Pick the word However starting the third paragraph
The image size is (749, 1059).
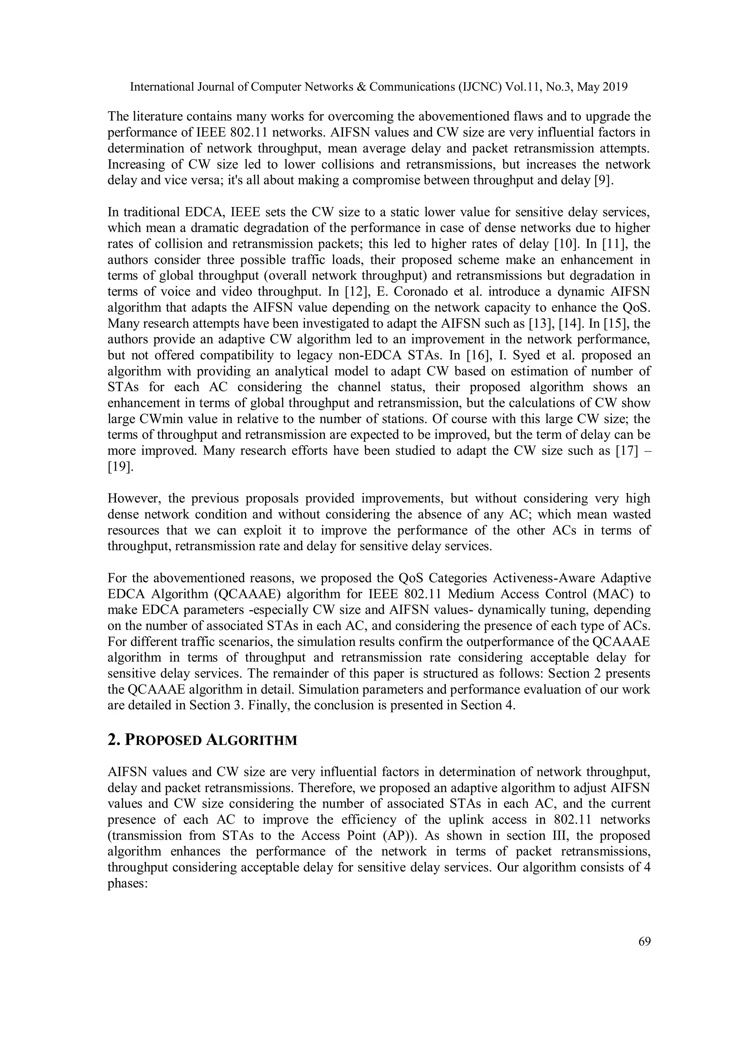pos(134,498)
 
